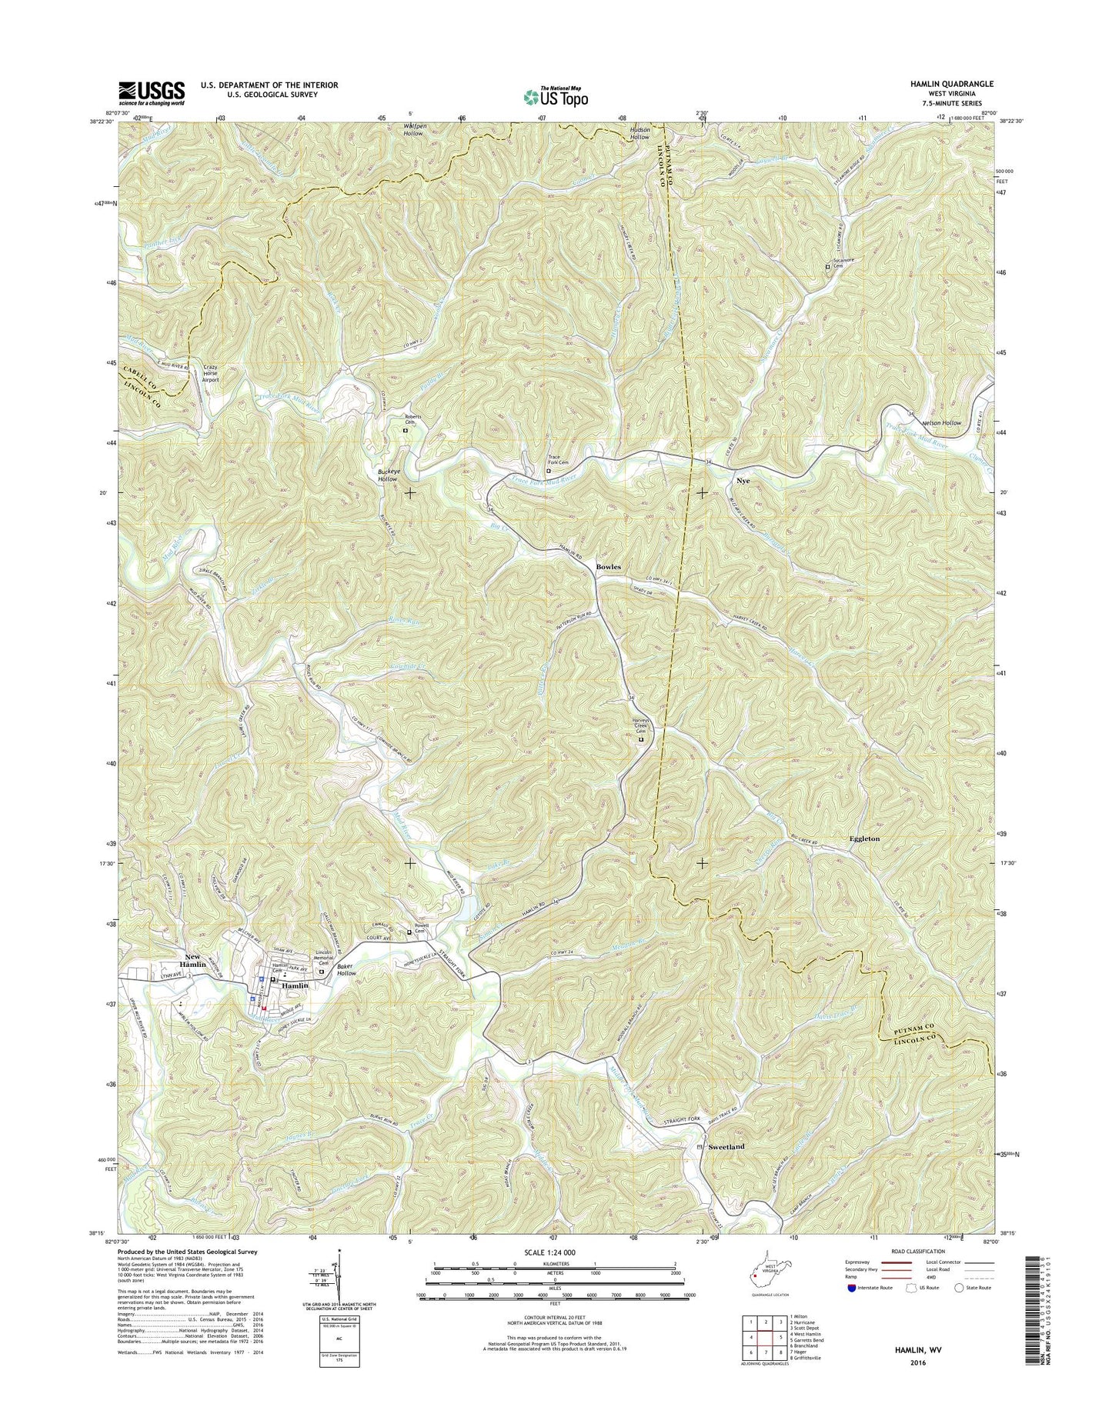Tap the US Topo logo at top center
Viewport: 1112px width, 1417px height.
[556, 96]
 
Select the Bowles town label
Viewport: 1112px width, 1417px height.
[608, 567]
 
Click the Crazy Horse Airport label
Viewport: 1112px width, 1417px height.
[210, 373]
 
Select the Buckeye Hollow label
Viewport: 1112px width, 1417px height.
[388, 475]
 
